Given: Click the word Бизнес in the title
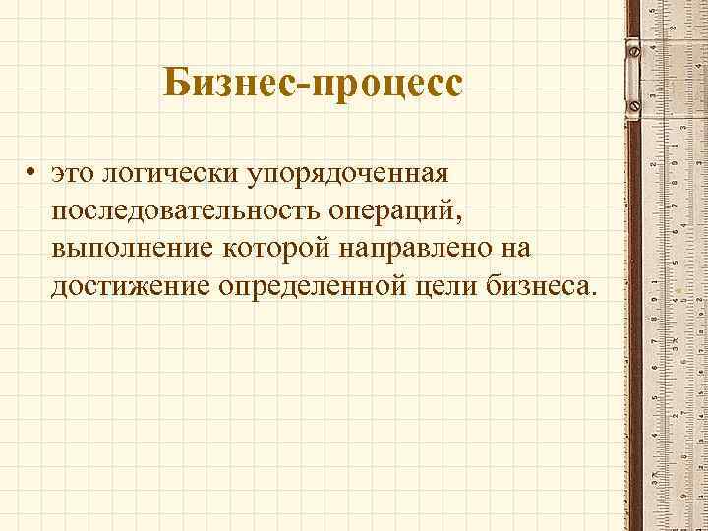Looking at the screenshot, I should pos(233,83).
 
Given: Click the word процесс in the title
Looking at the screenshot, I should pos(386,85).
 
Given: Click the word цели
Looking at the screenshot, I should pos(455,287).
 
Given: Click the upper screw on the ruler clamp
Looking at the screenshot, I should pos(634,48).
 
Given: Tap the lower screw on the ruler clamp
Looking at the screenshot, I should pos(634,102).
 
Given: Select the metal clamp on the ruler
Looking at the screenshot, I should pos(635,75).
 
